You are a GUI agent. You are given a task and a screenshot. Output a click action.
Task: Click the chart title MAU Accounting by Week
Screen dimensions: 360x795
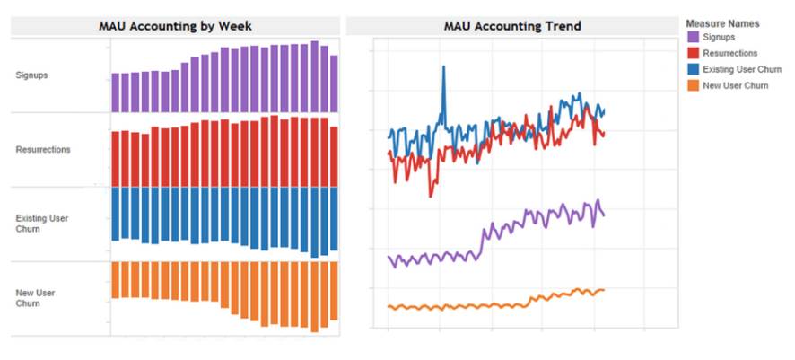click(175, 26)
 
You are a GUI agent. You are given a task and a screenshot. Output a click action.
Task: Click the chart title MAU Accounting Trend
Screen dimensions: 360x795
click(512, 26)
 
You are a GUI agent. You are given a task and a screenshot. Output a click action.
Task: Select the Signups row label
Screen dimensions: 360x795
click(32, 75)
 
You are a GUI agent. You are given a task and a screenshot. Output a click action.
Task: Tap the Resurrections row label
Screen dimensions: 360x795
click(43, 149)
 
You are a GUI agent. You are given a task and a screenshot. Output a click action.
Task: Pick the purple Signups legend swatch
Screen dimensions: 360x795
click(693, 38)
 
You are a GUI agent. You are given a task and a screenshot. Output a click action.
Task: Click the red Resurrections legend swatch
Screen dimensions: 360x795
click(693, 54)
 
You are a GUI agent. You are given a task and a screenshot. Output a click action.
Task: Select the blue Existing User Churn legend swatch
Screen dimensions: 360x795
click(693, 69)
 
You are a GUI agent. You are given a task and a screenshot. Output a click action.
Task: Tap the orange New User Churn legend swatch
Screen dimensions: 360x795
click(693, 84)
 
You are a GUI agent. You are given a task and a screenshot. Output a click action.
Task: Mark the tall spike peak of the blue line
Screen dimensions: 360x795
click(443, 66)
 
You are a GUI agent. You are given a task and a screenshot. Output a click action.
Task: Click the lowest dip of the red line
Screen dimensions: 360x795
click(432, 194)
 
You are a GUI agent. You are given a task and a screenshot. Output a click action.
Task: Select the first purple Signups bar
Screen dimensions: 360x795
click(116, 92)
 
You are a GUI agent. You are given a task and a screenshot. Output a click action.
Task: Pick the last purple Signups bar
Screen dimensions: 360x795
click(335, 83)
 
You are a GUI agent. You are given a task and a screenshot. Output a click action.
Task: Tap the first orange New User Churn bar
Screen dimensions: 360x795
click(116, 279)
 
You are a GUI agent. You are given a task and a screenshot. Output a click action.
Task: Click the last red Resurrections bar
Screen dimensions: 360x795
click(335, 156)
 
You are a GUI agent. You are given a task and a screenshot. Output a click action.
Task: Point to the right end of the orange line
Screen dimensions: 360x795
click(603, 289)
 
